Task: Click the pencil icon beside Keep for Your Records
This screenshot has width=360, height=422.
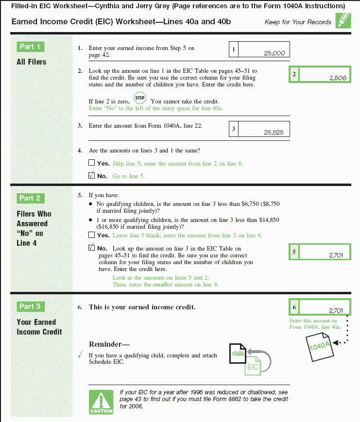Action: pos(343,20)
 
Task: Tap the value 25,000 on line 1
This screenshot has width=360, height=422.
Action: pos(274,53)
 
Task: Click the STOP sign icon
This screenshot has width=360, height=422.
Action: pos(140,98)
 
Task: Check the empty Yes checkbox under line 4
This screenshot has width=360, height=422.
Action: pos(92,163)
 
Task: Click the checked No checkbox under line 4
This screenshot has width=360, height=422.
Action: pos(92,175)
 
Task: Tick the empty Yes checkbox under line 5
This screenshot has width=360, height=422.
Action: pos(92,235)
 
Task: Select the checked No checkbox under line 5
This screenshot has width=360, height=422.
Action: pos(92,247)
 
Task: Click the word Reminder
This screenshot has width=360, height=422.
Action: pos(105,344)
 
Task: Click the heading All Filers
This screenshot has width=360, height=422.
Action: pos(32,62)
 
